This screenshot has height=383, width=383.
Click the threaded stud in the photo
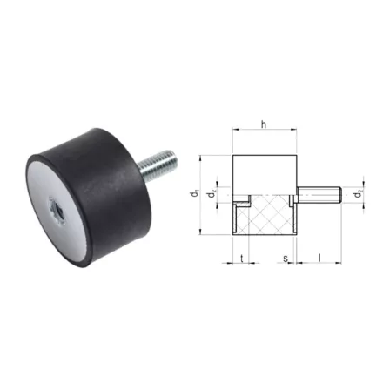click(x=158, y=165)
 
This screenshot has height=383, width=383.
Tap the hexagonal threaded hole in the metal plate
click(x=57, y=211)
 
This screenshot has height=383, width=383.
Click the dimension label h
click(x=264, y=124)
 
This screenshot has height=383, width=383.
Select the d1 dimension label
click(x=196, y=194)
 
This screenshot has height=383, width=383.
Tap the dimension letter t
click(x=241, y=258)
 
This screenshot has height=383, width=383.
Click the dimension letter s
click(x=286, y=259)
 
